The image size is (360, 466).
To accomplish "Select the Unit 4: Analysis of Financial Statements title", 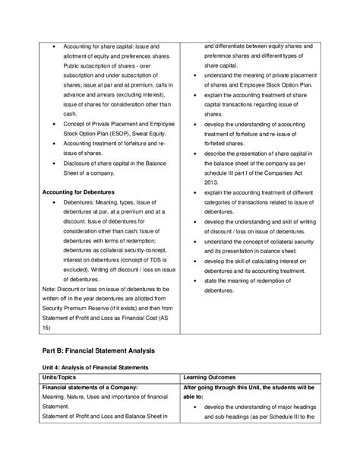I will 99,366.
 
